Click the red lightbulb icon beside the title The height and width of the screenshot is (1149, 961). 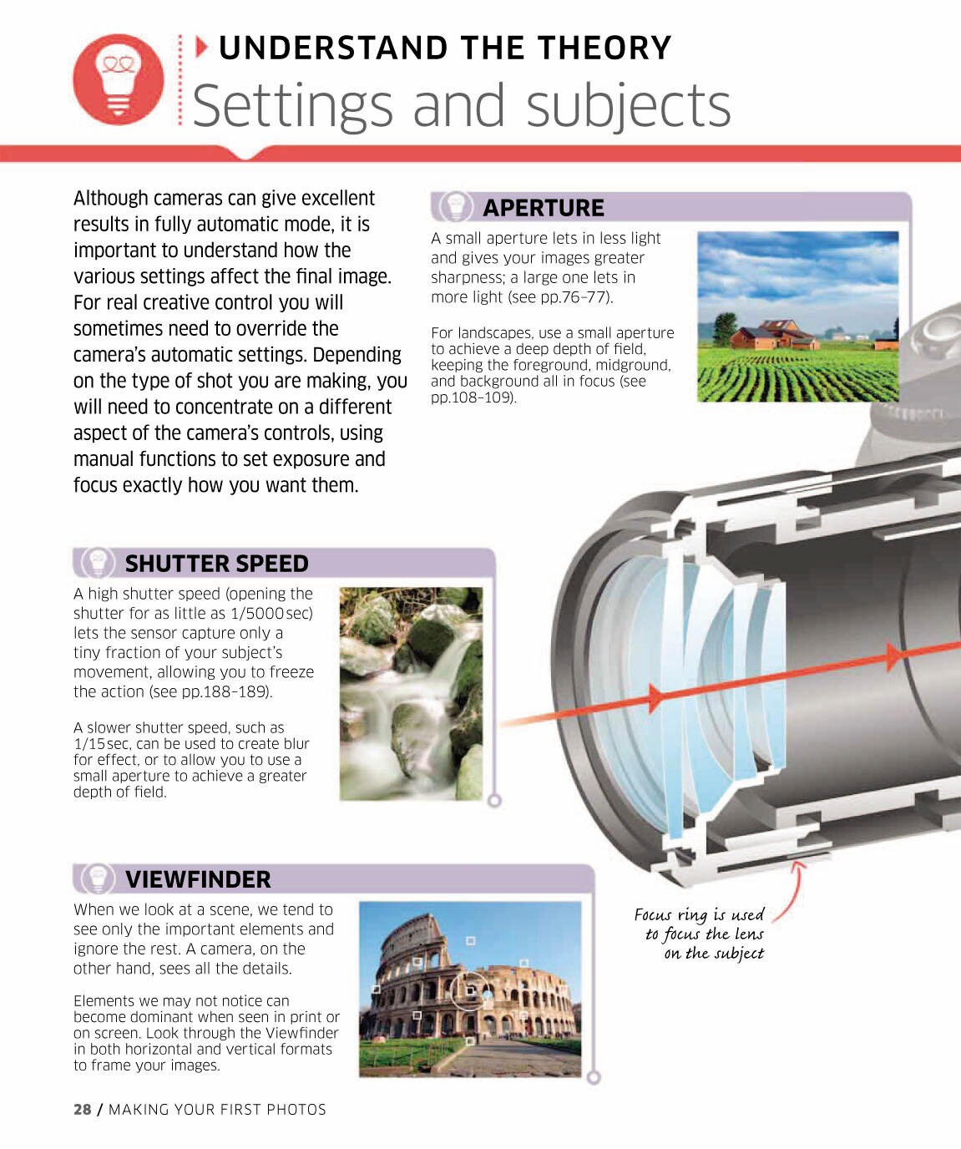pos(119,79)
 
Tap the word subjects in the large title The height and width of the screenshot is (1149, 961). pos(629,105)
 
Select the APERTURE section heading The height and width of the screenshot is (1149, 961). pos(544,208)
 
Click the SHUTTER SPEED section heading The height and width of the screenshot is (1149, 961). pos(217,564)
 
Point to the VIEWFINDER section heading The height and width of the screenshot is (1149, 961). pos(198,879)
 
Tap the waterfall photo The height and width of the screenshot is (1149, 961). pos(411,694)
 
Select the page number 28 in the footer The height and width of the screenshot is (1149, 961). pos(83,1110)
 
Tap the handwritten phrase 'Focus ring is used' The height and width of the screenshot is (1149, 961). pos(699,915)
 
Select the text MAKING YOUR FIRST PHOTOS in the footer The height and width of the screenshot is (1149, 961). pos(217,1110)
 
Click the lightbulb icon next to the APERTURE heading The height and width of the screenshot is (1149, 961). pos(456,207)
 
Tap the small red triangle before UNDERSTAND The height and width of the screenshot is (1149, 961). pos(202,48)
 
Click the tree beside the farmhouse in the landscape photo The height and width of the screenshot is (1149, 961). pos(725,328)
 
